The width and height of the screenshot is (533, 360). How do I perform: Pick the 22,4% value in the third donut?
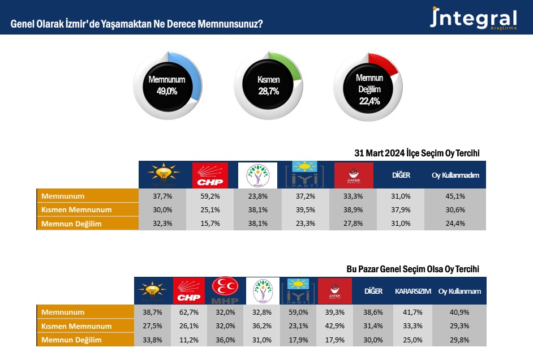[x=369, y=101]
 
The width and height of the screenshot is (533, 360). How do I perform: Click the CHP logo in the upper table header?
[x=210, y=175]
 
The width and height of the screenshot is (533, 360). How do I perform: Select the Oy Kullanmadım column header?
[x=455, y=175]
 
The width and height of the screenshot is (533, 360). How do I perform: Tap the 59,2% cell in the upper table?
[x=210, y=196]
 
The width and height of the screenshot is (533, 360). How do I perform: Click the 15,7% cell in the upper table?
[x=210, y=224]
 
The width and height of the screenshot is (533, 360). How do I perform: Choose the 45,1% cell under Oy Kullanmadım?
[x=455, y=196]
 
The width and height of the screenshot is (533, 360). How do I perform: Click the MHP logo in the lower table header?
[x=225, y=290]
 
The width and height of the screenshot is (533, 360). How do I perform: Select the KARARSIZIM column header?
[x=412, y=292]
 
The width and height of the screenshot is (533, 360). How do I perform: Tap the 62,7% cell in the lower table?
[x=189, y=312]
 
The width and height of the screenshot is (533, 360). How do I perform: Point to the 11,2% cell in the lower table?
[x=189, y=340]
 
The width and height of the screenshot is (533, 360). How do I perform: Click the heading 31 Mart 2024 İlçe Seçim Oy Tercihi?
[x=416, y=153]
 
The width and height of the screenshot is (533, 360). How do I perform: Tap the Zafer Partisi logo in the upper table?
[x=354, y=175]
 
